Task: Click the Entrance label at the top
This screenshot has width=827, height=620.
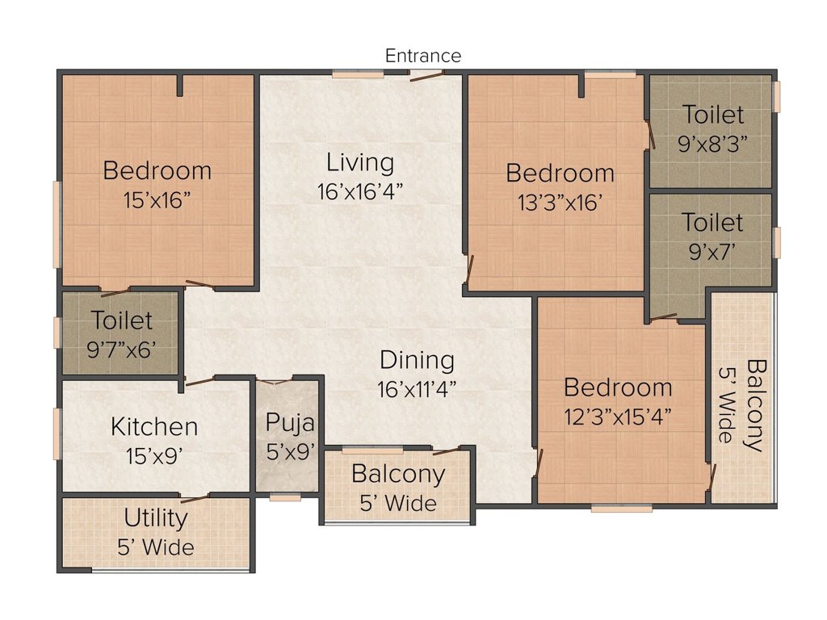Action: pyautogui.click(x=423, y=56)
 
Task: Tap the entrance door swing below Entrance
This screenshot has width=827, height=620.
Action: pyautogui.click(x=427, y=76)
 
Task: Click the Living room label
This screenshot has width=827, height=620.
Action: pyautogui.click(x=359, y=163)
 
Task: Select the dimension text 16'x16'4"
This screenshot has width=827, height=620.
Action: pyautogui.click(x=359, y=191)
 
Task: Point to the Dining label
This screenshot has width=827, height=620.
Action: pyautogui.click(x=417, y=361)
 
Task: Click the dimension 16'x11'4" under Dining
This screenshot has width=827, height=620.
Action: pyautogui.click(x=417, y=390)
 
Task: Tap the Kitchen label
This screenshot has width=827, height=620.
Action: pyautogui.click(x=154, y=426)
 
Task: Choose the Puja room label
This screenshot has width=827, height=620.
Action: pyautogui.click(x=290, y=423)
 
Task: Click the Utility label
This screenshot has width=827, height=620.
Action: pyautogui.click(x=156, y=519)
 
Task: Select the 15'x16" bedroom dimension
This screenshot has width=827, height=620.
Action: pyautogui.click(x=157, y=200)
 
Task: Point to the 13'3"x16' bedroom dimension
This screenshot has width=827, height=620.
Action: pyautogui.click(x=560, y=203)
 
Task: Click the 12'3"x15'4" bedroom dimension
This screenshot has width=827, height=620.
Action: pyautogui.click(x=618, y=417)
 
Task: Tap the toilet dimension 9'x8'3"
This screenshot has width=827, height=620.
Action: pyautogui.click(x=712, y=143)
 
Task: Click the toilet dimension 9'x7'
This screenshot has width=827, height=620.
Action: pyautogui.click(x=712, y=252)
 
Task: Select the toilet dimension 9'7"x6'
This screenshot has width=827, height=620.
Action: pyautogui.click(x=121, y=350)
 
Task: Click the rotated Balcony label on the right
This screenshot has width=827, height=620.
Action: pyautogui.click(x=756, y=405)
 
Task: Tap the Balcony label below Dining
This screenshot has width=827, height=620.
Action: pyautogui.click(x=398, y=475)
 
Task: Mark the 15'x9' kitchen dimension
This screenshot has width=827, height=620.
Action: pyautogui.click(x=154, y=456)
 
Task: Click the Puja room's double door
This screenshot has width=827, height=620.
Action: pyautogui.click(x=275, y=381)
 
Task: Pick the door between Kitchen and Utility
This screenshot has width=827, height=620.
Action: pyautogui.click(x=195, y=498)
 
